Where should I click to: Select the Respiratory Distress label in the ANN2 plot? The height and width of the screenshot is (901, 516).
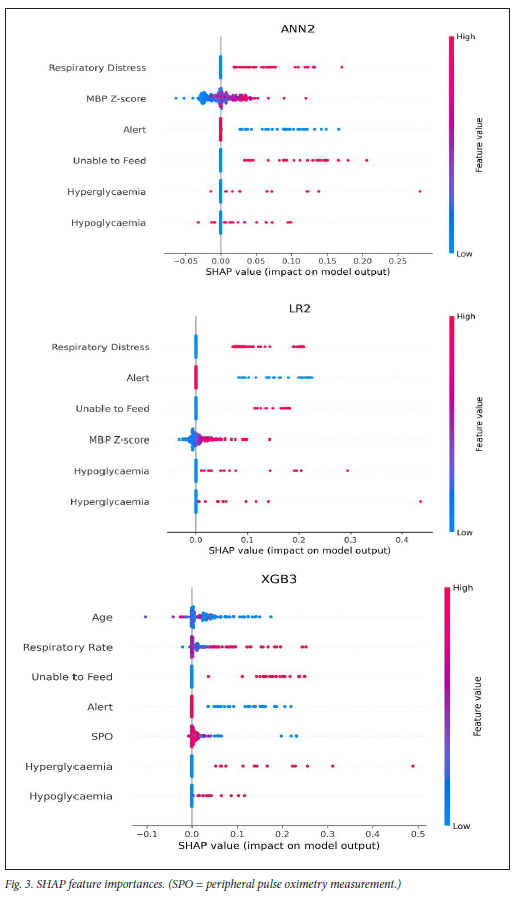pos(97,67)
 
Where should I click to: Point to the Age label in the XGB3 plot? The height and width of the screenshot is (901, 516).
pos(102,617)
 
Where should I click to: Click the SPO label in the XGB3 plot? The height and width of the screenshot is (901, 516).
pos(102,736)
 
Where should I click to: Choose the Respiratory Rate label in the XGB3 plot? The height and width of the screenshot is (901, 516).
pos(68,647)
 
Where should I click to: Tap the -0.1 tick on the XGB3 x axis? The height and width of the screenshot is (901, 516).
pos(146,832)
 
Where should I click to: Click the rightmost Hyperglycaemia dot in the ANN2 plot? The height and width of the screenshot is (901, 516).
pos(420,191)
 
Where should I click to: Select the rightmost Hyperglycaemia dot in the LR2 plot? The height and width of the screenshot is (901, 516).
pos(421,501)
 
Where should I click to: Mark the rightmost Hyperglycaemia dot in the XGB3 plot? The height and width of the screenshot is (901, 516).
pos(412,766)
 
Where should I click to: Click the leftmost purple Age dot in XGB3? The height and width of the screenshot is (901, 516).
pos(146,618)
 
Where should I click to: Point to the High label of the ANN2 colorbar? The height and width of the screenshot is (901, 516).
pos(464,36)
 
